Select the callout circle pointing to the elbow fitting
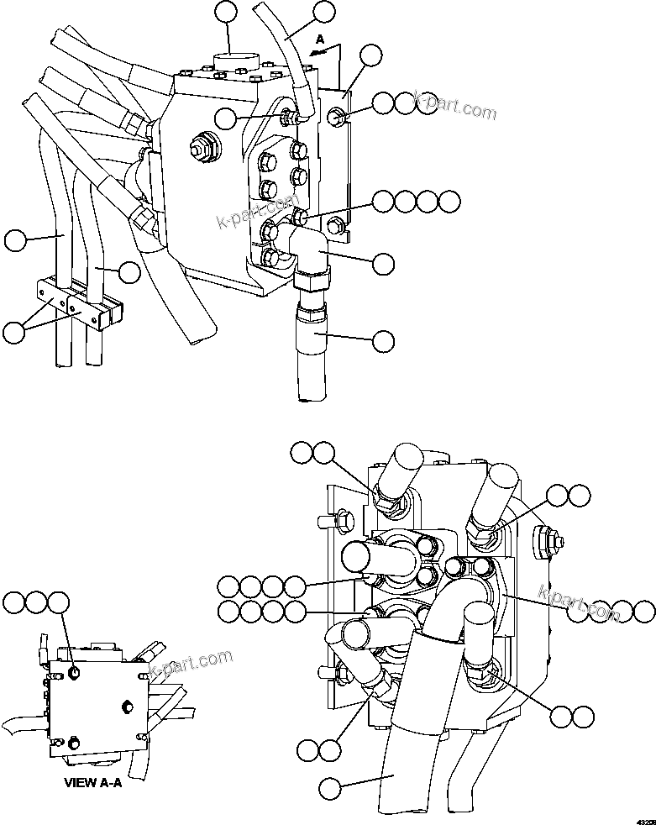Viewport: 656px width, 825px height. (383, 263)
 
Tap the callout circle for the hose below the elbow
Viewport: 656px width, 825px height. (383, 340)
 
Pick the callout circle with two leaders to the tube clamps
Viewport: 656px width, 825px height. (14, 332)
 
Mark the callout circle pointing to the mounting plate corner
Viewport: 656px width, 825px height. (370, 55)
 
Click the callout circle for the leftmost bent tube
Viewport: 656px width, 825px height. (14, 241)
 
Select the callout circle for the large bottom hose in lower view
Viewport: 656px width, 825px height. (330, 788)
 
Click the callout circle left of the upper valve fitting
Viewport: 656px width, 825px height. (225, 119)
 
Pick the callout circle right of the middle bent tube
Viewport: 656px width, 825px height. (129, 272)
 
